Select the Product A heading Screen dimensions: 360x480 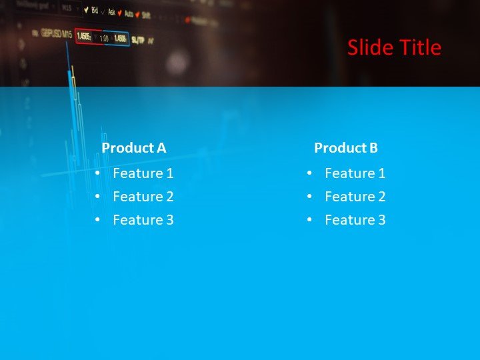[x=133, y=148]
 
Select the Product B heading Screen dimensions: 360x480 [x=346, y=148]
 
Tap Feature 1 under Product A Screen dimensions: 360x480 [x=143, y=173]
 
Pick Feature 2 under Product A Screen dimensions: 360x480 [x=143, y=197]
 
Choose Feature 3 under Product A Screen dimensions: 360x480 [x=143, y=220]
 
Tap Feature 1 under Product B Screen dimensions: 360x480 [x=355, y=173]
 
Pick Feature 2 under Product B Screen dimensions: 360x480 [x=355, y=197]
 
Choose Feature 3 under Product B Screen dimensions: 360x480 [x=355, y=220]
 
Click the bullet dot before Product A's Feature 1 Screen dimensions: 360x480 [x=97, y=173]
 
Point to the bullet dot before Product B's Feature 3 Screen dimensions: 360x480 [x=309, y=220]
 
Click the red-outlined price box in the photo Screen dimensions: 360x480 [x=85, y=37]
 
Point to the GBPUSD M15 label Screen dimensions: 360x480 [x=56, y=33]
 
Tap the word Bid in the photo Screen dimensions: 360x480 [x=94, y=10]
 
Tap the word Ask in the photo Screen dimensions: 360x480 [x=111, y=11]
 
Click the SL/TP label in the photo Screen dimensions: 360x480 [x=138, y=40]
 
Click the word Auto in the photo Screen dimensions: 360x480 [x=129, y=13]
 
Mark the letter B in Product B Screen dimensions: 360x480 [x=373, y=148]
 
